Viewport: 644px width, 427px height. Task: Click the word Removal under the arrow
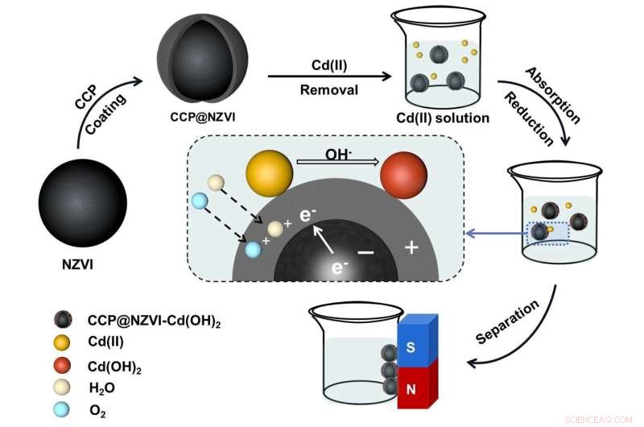click(329, 91)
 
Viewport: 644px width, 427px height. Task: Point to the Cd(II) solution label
click(443, 118)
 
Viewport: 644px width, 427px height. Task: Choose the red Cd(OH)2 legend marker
click(60, 365)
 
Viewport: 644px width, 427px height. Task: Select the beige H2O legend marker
click(60, 388)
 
